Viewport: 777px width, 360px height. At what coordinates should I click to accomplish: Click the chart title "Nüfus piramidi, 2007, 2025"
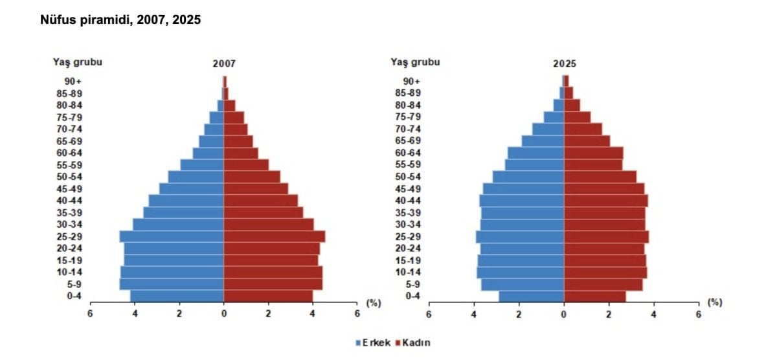[x=120, y=20]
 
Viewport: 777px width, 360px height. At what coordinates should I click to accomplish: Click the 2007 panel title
[x=224, y=64]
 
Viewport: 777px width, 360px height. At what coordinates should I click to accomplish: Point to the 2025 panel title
[x=564, y=64]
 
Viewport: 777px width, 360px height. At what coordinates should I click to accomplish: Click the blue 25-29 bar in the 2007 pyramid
[x=172, y=236]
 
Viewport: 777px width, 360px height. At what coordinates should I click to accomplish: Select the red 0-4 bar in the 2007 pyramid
[x=268, y=296]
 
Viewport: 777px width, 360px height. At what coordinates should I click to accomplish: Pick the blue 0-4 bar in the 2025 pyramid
[x=531, y=296]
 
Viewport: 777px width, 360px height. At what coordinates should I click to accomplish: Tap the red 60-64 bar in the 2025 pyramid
[x=593, y=153]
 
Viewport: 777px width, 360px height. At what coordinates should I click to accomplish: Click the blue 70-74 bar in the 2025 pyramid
[x=548, y=129]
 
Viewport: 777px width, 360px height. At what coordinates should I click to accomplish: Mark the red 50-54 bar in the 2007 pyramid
[x=252, y=177]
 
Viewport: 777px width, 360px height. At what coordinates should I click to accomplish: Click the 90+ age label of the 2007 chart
[x=73, y=81]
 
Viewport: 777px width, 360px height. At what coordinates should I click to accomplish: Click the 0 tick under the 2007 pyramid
[x=224, y=314]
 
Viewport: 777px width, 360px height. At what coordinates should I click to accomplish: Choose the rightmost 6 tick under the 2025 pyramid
[x=698, y=314]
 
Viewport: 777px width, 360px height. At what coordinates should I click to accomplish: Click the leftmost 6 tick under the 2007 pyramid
[x=90, y=314]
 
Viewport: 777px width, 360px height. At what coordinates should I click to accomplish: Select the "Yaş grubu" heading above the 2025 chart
[x=415, y=62]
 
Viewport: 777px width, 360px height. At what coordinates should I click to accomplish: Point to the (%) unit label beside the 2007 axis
[x=374, y=302]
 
